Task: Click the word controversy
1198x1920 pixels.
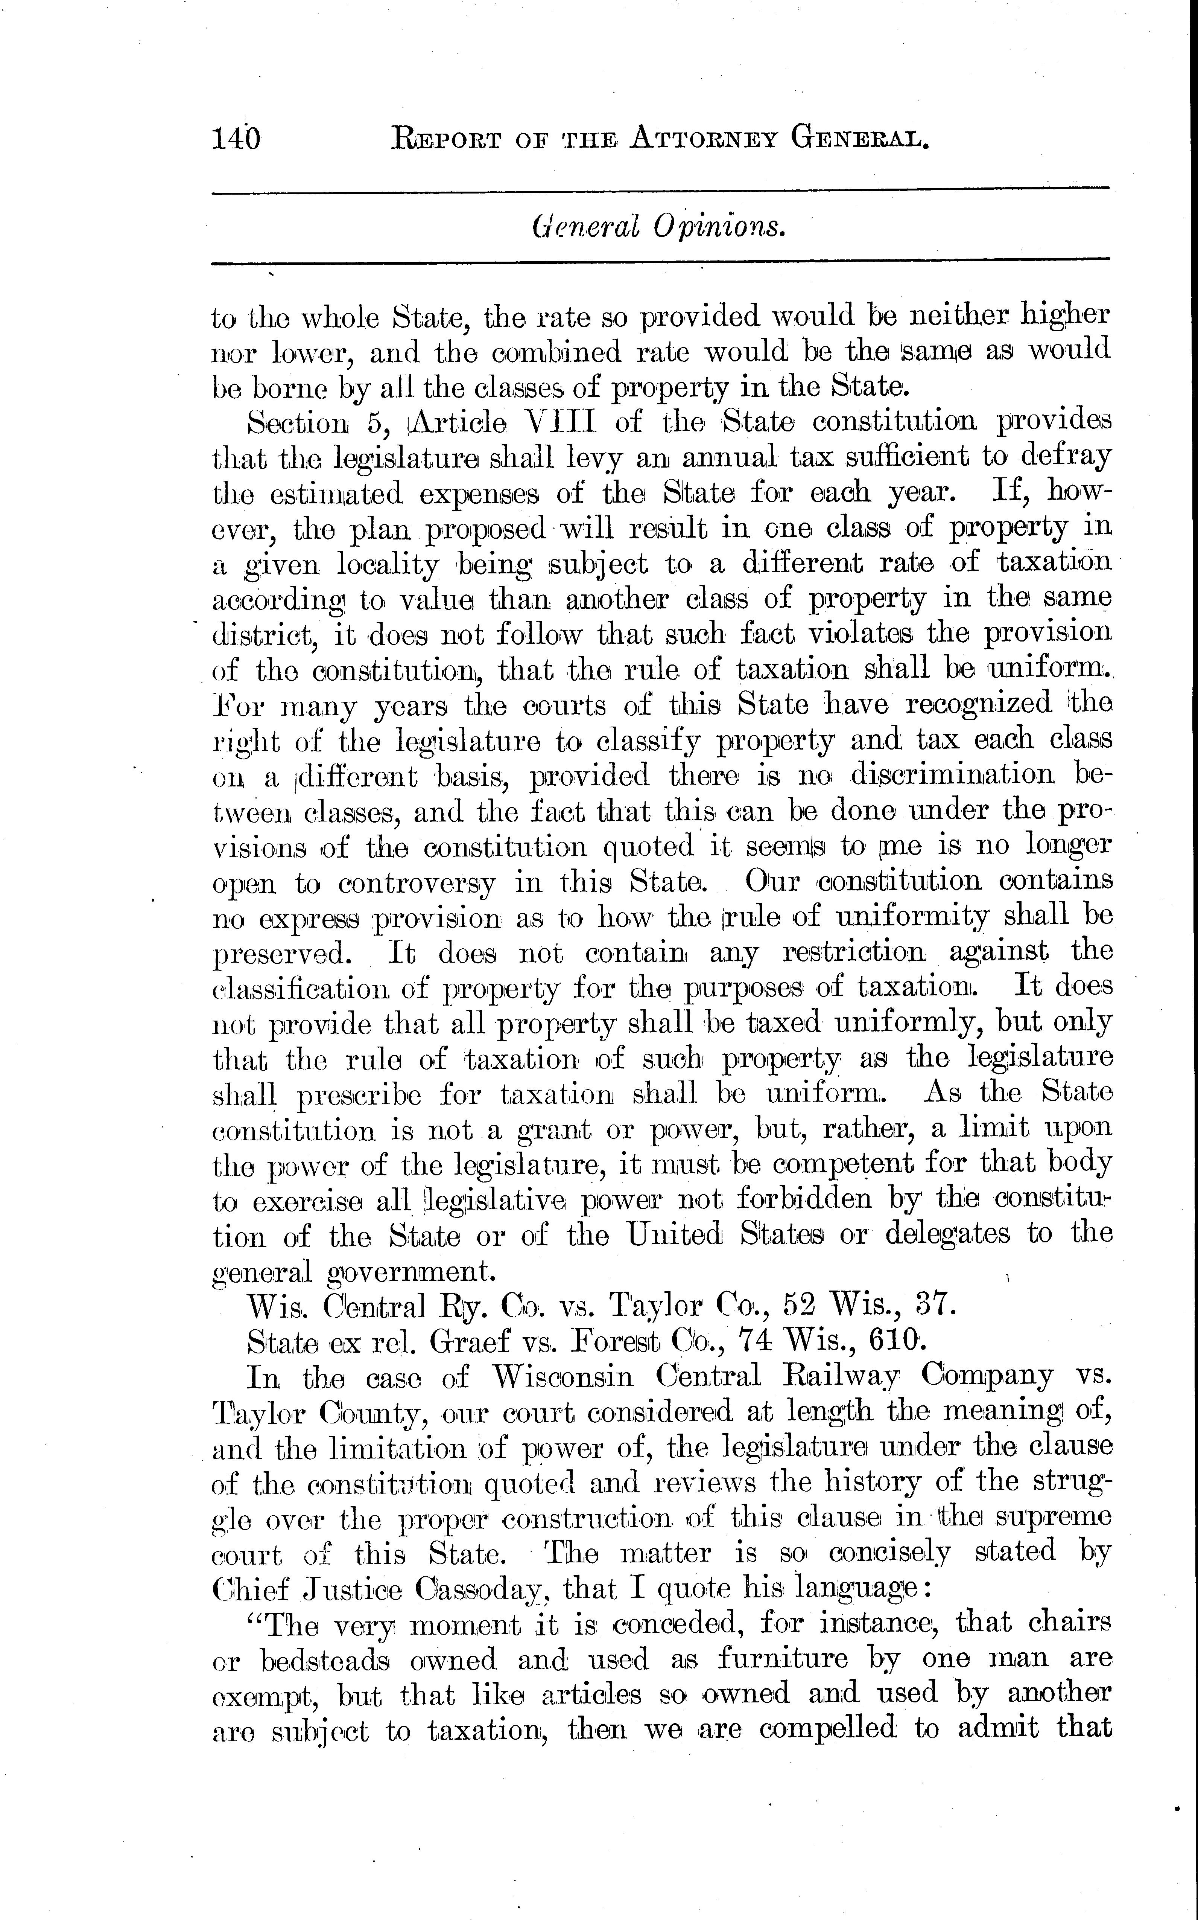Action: click(x=417, y=882)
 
